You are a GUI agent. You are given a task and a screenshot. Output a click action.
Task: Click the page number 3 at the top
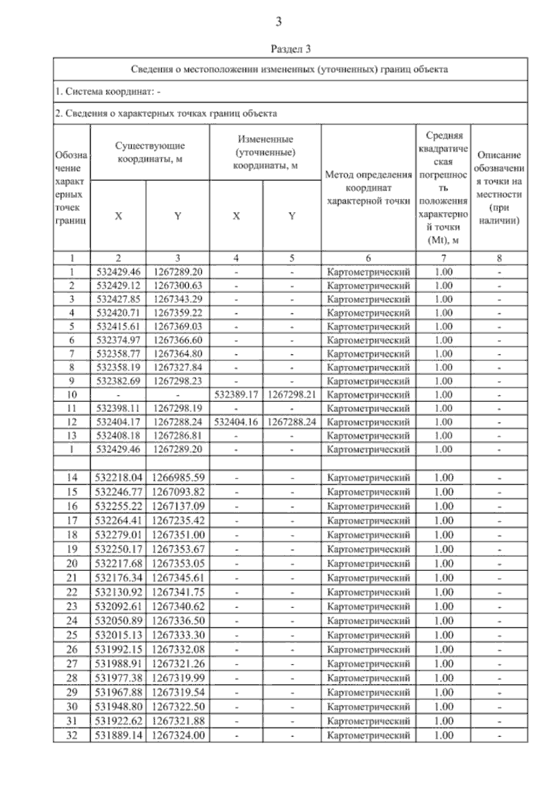pos(279,21)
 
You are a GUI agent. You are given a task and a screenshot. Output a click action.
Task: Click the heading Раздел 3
pos(290,49)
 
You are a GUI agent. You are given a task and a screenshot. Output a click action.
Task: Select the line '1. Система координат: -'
pos(108,92)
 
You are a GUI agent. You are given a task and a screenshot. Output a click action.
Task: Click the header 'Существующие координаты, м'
pos(150,152)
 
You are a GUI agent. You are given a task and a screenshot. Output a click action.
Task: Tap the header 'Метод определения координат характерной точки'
pos(368,188)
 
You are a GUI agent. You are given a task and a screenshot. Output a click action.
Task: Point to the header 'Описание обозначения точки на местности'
pos(499,188)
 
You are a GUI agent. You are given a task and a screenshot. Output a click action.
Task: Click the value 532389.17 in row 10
pos(236,395)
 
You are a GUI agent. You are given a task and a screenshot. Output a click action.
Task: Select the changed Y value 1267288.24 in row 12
pos(292,422)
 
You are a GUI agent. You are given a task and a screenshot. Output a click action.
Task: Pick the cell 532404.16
pos(236,422)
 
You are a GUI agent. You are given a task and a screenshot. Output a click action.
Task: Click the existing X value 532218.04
pos(118,477)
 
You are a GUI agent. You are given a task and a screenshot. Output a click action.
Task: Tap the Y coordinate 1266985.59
pos(178,477)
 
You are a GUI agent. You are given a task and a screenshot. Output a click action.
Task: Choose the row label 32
pos(72,736)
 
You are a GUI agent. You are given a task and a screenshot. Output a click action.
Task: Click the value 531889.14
pos(118,736)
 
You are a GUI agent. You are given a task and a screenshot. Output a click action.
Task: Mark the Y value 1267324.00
pos(178,736)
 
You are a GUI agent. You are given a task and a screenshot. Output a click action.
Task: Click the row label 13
pos(72,436)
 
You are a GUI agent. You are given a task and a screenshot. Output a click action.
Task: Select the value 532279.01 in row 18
pos(118,535)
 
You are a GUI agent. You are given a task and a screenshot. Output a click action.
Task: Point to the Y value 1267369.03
pos(178,326)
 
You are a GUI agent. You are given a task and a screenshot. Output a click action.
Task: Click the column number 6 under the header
pos(368,258)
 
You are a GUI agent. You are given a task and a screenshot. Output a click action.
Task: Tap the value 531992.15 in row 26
pos(118,650)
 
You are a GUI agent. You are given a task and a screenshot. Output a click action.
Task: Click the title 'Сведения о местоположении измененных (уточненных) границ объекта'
pos(290,69)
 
